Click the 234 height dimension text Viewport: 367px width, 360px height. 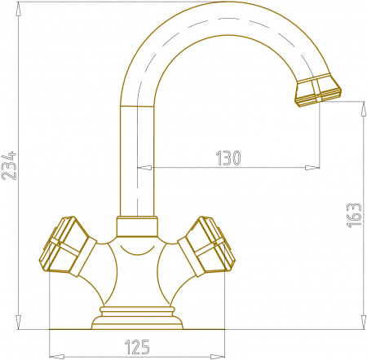(x=11, y=167)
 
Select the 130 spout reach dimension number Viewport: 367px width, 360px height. (x=228, y=158)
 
